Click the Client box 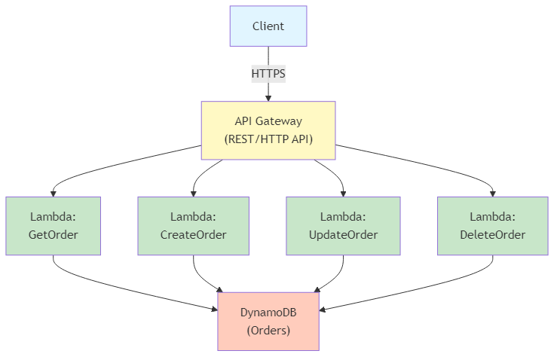268,26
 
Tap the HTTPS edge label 268,74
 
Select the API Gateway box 268,130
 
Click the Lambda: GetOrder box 54,225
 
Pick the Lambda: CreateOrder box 193,225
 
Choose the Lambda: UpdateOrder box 343,225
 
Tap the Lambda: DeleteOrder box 493,225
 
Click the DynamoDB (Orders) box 268,322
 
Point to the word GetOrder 54,234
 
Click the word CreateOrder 193,234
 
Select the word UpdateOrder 343,234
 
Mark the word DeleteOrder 493,234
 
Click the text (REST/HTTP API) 268,139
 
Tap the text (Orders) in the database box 268,331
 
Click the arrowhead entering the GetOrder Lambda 54,193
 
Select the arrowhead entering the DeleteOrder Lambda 493,193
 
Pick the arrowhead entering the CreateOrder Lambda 193,193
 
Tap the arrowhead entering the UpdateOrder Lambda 343,193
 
